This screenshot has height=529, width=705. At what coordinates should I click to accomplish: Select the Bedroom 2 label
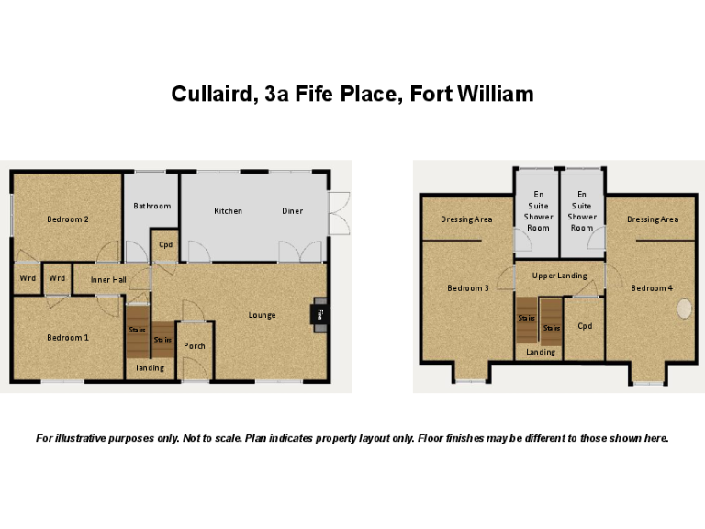(x=68, y=219)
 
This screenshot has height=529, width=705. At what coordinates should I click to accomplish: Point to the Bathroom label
(x=152, y=206)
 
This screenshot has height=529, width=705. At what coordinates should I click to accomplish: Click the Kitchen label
(x=229, y=211)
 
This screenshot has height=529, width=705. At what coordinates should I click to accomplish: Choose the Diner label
(x=292, y=211)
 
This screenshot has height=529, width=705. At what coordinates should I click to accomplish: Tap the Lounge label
(x=262, y=315)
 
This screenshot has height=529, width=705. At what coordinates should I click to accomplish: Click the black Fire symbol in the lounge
(x=319, y=313)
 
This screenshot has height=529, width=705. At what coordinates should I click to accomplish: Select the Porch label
(x=195, y=346)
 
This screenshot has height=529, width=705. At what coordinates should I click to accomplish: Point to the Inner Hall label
(x=107, y=279)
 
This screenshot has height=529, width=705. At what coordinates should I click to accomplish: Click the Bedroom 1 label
(x=68, y=337)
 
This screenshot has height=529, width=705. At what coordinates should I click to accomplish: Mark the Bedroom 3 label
(x=467, y=288)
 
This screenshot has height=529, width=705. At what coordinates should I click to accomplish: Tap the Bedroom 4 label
(x=652, y=288)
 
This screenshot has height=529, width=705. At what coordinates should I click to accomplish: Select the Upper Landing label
(x=559, y=276)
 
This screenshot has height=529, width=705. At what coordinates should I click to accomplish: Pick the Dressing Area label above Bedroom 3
(x=466, y=219)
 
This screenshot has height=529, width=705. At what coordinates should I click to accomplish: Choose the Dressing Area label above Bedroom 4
(x=653, y=219)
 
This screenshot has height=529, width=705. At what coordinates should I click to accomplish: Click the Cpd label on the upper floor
(x=585, y=326)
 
